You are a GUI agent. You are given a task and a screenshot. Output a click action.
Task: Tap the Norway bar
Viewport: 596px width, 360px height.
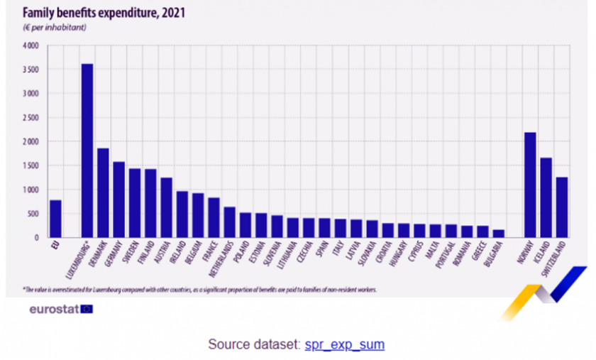(x=529, y=185)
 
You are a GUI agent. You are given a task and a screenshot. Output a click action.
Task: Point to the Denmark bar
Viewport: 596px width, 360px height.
(x=103, y=192)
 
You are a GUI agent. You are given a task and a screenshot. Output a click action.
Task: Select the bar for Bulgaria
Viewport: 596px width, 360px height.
(x=497, y=233)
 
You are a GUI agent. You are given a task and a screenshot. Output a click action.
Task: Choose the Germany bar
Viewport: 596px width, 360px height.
(x=118, y=200)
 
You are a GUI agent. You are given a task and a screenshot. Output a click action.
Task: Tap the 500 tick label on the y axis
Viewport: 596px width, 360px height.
(x=33, y=214)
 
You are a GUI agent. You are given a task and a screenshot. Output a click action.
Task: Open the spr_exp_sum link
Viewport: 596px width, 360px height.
(x=344, y=344)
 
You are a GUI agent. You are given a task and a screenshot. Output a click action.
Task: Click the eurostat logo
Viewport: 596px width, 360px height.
(x=60, y=309)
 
